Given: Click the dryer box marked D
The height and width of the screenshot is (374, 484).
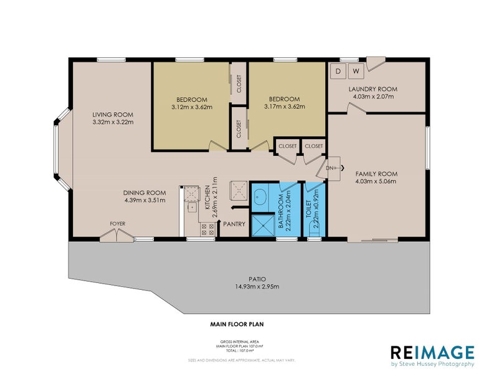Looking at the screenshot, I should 339,71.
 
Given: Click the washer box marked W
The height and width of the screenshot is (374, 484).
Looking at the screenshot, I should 356,71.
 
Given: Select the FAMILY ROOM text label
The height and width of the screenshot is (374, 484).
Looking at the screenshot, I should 376,174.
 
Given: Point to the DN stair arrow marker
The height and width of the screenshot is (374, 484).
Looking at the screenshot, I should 331,168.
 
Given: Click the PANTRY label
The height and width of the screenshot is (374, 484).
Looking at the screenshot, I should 235,224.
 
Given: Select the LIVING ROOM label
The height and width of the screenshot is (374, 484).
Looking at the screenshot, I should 113,114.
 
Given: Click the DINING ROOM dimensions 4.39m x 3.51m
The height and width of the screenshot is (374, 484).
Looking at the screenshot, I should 144,200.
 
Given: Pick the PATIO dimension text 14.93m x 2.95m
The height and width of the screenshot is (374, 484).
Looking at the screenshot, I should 257,287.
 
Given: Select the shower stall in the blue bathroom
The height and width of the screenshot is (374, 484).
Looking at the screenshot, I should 262,226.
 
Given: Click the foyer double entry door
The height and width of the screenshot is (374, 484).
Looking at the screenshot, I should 116,235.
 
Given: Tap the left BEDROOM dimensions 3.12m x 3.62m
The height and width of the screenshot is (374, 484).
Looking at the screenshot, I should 191,107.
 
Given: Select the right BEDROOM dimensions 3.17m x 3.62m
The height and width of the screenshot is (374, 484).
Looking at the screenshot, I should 284,107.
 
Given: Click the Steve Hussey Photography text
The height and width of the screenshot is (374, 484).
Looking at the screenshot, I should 433,364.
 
